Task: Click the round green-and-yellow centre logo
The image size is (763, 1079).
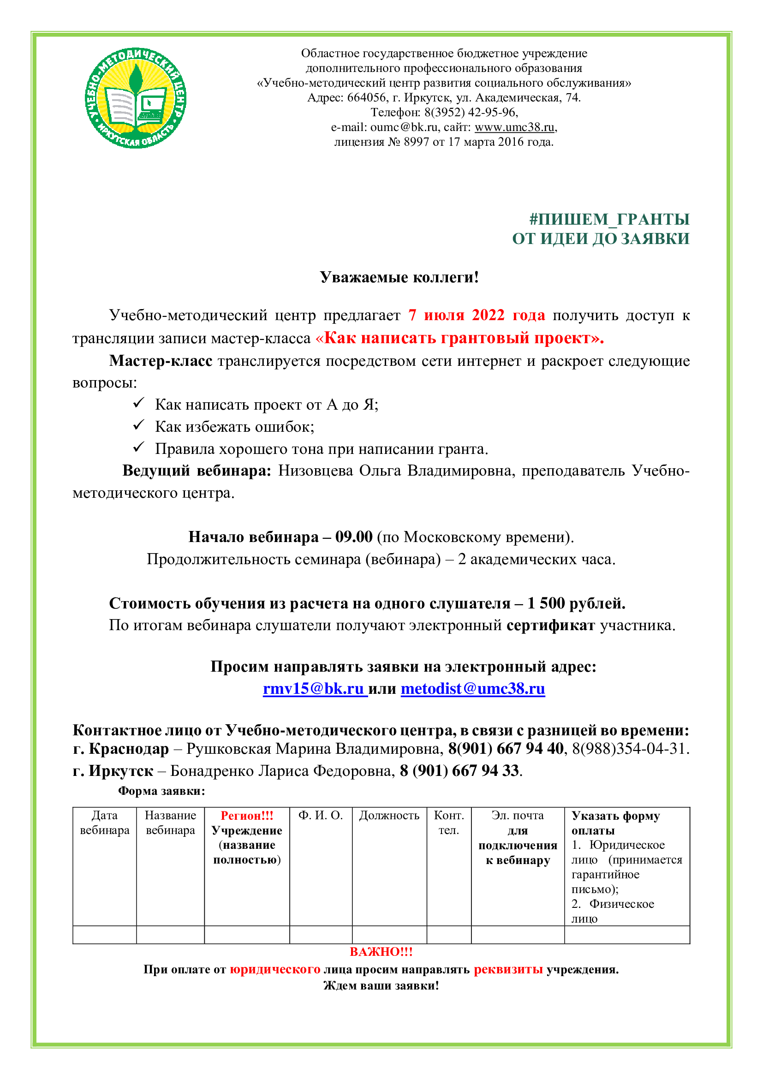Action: tap(135, 98)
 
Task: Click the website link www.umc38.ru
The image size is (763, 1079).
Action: tap(515, 127)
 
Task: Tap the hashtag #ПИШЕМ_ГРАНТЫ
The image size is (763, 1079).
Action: tap(609, 219)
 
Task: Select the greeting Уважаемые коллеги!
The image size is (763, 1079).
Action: tap(399, 277)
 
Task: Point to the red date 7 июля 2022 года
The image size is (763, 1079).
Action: tap(477, 315)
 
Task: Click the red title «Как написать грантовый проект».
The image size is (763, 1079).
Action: tap(459, 338)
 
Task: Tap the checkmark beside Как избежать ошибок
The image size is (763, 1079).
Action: tap(138, 425)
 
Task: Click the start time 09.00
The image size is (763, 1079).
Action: tap(354, 537)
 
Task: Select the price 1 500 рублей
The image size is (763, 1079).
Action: tap(576, 603)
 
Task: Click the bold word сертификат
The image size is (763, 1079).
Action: tap(551, 626)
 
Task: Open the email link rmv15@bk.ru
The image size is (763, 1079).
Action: tap(314, 688)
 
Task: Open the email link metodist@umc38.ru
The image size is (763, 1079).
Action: tap(473, 688)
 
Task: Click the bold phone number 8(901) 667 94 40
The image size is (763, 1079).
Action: tap(506, 749)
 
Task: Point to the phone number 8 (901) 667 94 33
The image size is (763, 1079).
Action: tap(459, 771)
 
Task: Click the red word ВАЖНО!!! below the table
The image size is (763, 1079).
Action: tap(381, 952)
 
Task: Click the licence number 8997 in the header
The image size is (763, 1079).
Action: tap(416, 142)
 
